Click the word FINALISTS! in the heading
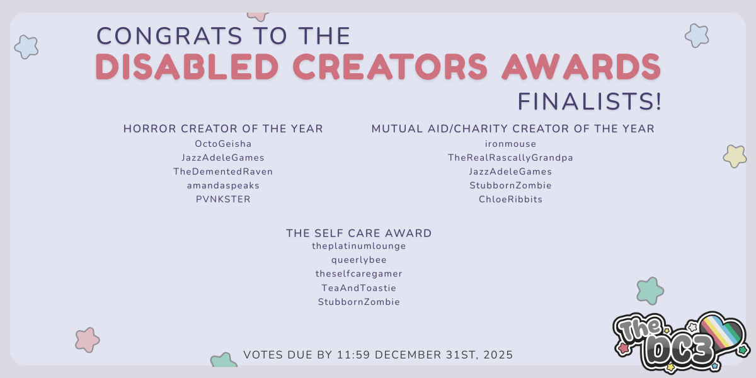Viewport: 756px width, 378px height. pyautogui.click(x=590, y=101)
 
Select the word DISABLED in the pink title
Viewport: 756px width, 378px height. pyautogui.click(x=187, y=67)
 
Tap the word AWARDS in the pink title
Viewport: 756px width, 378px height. pyautogui.click(x=581, y=67)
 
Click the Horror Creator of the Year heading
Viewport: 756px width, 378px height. pyautogui.click(x=223, y=129)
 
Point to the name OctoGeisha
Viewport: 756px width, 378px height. pyautogui.click(x=223, y=144)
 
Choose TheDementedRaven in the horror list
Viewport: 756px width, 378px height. pyautogui.click(x=223, y=171)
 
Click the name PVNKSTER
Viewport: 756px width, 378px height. pyautogui.click(x=223, y=199)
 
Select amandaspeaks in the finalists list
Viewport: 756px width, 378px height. pyautogui.click(x=223, y=185)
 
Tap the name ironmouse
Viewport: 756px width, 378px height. pyautogui.click(x=510, y=144)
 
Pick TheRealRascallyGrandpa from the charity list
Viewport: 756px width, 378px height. pyautogui.click(x=510, y=157)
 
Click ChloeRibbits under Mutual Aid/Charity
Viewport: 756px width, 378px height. pyautogui.click(x=510, y=199)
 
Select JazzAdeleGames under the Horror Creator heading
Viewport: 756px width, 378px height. pyautogui.click(x=223, y=157)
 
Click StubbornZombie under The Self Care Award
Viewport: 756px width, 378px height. pyautogui.click(x=358, y=302)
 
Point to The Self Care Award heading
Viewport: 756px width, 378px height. pyautogui.click(x=358, y=233)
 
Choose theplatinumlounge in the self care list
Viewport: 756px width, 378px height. pyautogui.click(x=358, y=246)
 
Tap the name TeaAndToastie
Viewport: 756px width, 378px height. pyautogui.click(x=358, y=288)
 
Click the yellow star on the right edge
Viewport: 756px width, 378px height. pyautogui.click(x=735, y=156)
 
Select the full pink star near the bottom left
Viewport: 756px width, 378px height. pyautogui.click(x=88, y=340)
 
